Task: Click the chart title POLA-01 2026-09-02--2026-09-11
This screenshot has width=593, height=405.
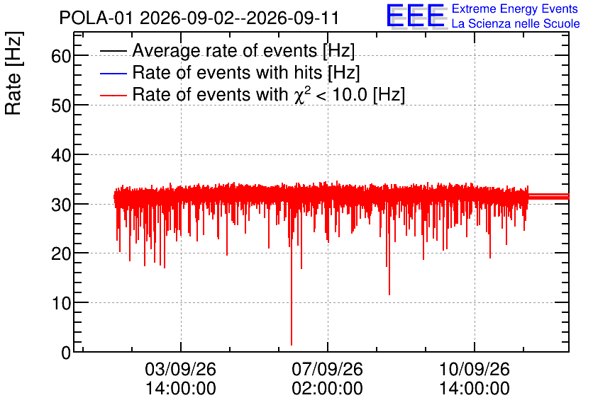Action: point(199,18)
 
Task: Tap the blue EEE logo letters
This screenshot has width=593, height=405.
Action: point(415,16)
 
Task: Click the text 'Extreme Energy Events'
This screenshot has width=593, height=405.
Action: point(515,8)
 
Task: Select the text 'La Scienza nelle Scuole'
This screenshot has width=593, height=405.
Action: point(516,24)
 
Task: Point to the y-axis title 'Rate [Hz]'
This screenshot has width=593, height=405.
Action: point(13,73)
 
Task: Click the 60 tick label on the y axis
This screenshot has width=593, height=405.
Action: point(61,56)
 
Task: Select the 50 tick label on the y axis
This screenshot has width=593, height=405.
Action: point(61,105)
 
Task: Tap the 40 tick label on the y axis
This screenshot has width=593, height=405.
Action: point(61,155)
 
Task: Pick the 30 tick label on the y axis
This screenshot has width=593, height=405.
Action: point(61,205)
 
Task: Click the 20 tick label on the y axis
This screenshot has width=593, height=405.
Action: point(61,254)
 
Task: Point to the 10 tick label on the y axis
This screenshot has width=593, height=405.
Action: point(61,304)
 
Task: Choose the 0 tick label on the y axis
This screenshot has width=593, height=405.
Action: point(66,353)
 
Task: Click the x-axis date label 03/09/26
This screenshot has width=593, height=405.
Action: point(180,369)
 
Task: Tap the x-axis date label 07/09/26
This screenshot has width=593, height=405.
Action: point(327,369)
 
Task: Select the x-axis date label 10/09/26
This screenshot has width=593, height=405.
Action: point(475,369)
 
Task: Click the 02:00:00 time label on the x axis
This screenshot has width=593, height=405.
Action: point(327,389)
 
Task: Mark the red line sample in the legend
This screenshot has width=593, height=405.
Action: point(113,95)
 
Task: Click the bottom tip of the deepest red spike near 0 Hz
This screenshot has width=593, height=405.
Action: point(292,345)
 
